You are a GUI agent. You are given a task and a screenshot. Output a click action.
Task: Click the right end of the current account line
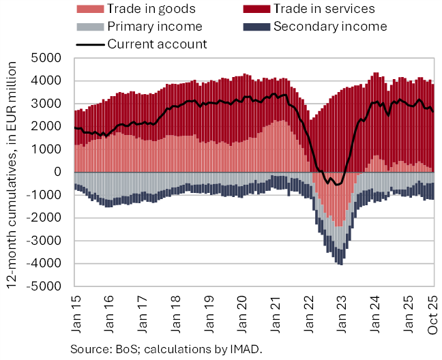click(x=432, y=112)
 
